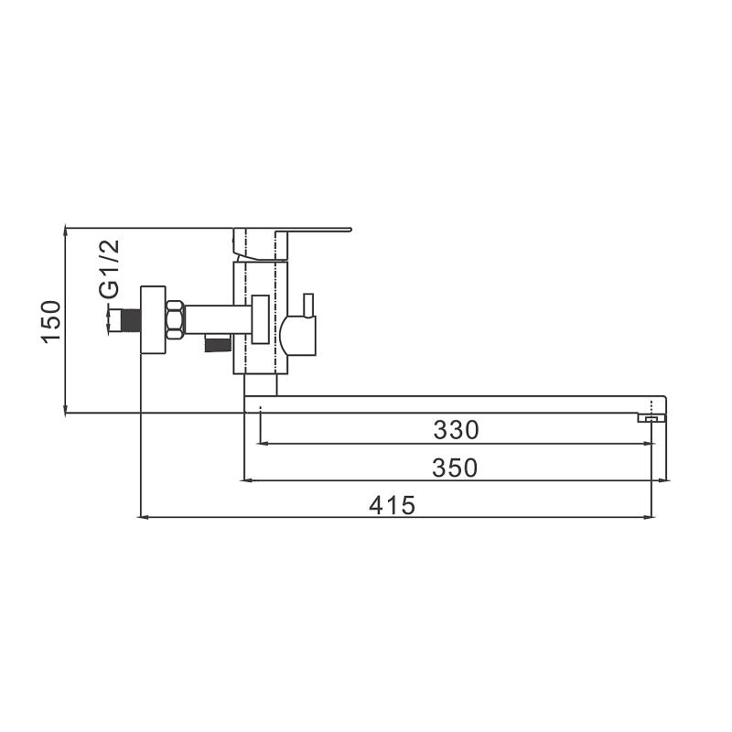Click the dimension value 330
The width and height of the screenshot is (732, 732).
457,429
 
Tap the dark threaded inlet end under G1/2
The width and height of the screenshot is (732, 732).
126,320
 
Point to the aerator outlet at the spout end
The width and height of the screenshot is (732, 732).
651,418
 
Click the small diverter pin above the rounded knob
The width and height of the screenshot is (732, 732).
308,304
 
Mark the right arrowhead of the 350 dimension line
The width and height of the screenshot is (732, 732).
661,479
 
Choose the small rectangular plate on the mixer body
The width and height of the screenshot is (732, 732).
261,319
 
